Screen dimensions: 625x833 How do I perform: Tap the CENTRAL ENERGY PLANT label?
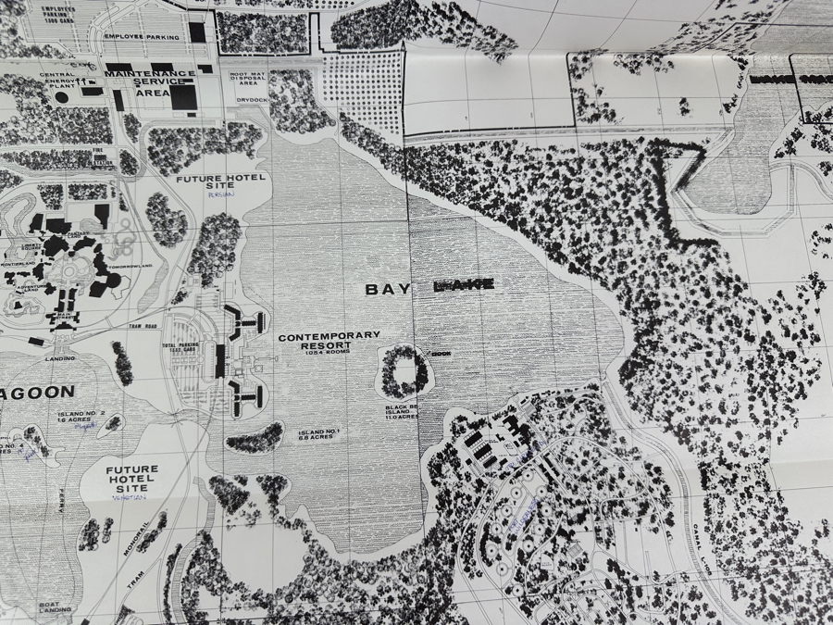click(x=57, y=80)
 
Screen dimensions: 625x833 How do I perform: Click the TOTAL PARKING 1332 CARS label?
click(x=181, y=348)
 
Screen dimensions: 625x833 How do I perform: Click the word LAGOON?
click(x=37, y=393)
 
